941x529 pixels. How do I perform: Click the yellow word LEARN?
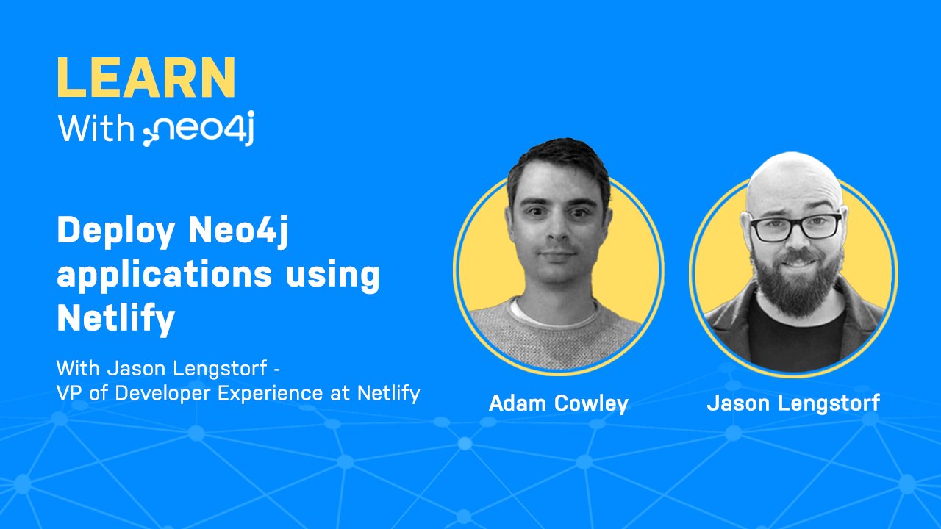(x=146, y=77)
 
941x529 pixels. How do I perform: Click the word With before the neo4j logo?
(x=97, y=129)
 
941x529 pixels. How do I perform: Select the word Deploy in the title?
(x=118, y=233)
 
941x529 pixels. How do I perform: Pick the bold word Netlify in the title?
(x=115, y=318)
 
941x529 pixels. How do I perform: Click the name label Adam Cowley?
(x=558, y=403)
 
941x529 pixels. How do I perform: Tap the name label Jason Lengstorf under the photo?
(x=793, y=403)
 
